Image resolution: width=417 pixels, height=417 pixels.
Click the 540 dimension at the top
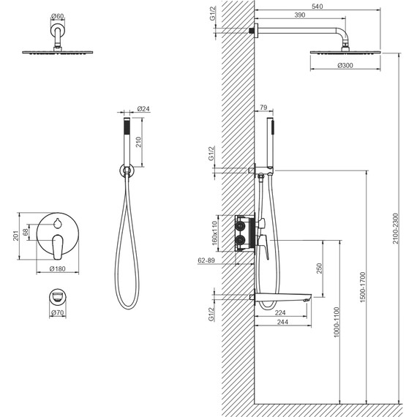pos(317,7)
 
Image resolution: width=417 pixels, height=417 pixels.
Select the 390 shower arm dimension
pos(300,15)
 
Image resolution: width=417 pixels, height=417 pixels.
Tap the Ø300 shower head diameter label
pos(345,65)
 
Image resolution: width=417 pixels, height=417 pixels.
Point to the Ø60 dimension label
pos(57,17)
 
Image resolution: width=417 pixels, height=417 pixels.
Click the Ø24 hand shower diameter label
pos(143,109)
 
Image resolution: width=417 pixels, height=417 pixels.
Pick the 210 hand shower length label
pos(138,142)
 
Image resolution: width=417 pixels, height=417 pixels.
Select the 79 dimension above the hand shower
pos(263,108)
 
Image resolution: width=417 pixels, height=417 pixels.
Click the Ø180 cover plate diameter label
pos(58,268)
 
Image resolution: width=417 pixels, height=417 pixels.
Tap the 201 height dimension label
pos(16,236)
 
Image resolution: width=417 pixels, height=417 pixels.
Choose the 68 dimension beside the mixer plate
pos(26,232)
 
